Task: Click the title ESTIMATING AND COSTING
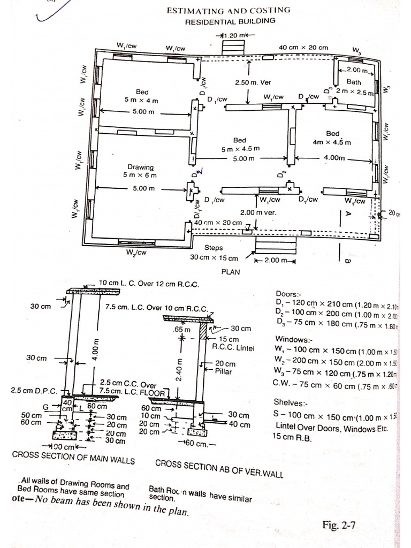pyautogui.click(x=230, y=10)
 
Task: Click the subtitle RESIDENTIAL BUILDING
pyautogui.click(x=230, y=21)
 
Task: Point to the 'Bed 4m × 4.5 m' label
pyautogui.click(x=332, y=138)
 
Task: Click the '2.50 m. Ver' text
pyautogui.click(x=253, y=83)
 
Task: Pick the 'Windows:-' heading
pyautogui.click(x=293, y=339)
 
